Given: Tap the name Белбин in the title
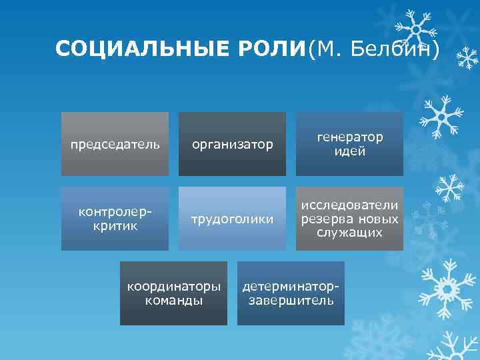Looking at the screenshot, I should coord(395,49).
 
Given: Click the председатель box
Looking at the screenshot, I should coord(115,144).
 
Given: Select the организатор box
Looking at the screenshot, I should coord(232,144).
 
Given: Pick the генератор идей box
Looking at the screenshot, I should coord(350,144).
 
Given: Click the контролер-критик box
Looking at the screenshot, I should coord(115,219).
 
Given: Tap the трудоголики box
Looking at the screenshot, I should coord(232,219).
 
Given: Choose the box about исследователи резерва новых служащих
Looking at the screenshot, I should coord(350,219).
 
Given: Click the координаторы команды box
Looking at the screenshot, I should coord(173,293).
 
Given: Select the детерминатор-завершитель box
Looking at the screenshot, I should coord(291,293).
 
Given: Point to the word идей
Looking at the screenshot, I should coord(350,151).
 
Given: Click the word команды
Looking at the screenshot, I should coord(173,301).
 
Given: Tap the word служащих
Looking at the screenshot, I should coord(350,233).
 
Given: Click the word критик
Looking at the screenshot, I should coord(115,226).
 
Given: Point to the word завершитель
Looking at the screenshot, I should coord(291,301).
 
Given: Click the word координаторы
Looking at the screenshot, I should coord(173,287).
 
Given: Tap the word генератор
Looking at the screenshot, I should coord(350,137).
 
